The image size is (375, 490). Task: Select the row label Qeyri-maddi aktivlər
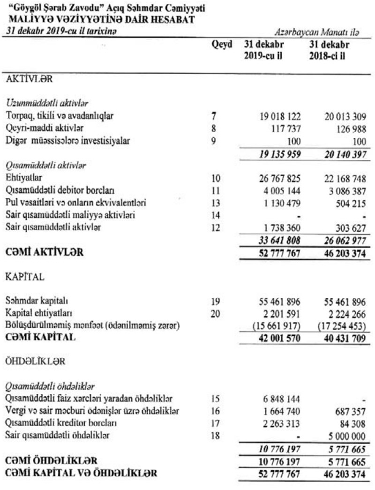pos(38,128)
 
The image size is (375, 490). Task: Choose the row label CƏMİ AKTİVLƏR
pos(45,253)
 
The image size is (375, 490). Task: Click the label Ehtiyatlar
pos(23,179)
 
